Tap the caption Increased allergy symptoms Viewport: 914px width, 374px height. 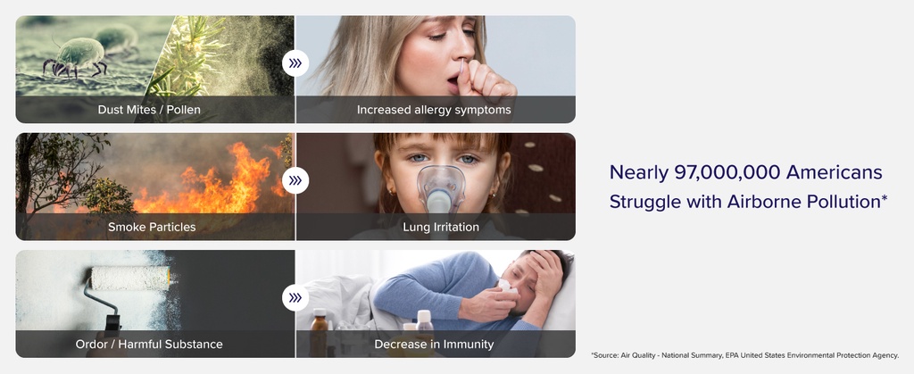(x=434, y=110)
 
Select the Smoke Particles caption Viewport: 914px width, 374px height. (x=152, y=228)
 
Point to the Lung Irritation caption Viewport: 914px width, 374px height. (x=441, y=228)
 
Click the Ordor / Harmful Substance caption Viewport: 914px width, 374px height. (x=149, y=345)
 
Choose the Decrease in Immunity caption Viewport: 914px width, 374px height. (x=434, y=345)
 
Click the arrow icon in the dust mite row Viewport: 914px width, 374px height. (x=295, y=63)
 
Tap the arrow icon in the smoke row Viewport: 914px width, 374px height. (x=295, y=180)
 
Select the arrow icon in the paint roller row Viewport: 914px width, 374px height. (x=295, y=298)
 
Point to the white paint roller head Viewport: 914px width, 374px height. (x=130, y=278)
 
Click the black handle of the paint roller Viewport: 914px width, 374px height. (x=112, y=324)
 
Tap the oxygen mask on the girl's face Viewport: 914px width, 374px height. (x=441, y=189)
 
